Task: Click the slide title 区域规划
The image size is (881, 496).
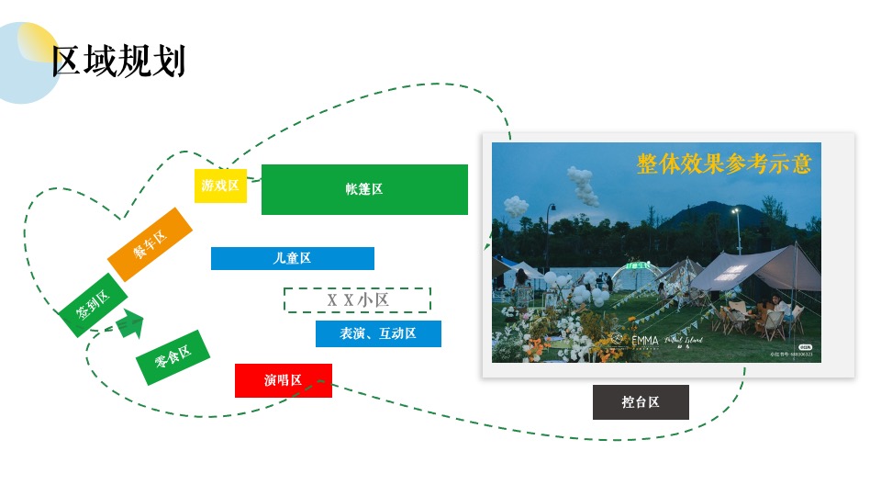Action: click(119, 62)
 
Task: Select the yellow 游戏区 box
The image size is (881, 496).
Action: click(220, 186)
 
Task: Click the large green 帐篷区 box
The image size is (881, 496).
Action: click(364, 189)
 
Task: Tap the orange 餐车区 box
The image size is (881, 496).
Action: click(150, 243)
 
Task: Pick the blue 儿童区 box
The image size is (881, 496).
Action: click(292, 258)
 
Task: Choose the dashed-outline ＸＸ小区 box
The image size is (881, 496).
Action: click(357, 300)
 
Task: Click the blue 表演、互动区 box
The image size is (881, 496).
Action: click(378, 333)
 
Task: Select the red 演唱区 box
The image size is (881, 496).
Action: click(283, 380)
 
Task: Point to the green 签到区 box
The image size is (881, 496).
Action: click(93, 304)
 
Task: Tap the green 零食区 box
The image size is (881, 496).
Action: click(173, 356)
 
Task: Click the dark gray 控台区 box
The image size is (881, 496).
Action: click(641, 402)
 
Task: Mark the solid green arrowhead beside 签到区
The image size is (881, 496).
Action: click(133, 324)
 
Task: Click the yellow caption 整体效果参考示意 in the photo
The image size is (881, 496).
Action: click(724, 163)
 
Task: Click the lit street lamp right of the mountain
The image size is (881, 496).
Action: click(736, 213)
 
